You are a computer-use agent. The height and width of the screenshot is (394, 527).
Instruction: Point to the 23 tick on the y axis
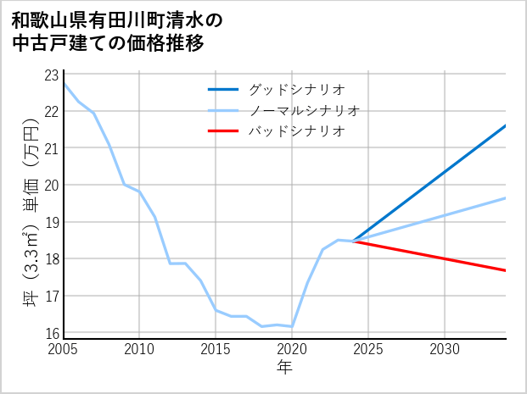(51, 75)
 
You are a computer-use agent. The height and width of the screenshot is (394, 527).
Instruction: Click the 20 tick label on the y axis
(51, 186)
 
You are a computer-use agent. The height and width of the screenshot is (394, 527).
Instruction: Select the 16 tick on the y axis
(51, 333)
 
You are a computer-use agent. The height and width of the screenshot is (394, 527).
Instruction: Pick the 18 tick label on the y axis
(51, 259)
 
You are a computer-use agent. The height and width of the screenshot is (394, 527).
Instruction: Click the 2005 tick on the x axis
(64, 349)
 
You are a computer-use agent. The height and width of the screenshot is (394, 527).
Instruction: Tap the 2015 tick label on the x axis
(216, 349)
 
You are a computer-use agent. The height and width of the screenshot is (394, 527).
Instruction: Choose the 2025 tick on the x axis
(368, 349)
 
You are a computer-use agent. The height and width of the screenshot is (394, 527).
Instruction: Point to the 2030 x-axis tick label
(445, 349)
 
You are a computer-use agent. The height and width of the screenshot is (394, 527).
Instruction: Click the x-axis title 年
(284, 367)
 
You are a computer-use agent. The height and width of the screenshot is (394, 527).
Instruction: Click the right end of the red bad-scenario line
(506, 270)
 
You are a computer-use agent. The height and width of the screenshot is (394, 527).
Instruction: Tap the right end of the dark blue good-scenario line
(506, 125)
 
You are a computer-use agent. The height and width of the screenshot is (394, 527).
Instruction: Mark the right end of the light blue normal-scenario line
(506, 197)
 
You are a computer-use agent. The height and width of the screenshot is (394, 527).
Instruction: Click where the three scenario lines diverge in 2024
(353, 241)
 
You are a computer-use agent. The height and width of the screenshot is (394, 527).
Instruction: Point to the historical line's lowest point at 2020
(292, 326)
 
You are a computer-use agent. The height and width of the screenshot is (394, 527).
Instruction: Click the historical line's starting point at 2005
(64, 83)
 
